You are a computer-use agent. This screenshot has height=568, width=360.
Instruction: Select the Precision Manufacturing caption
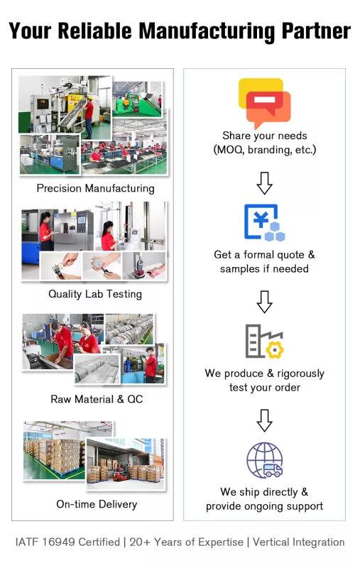(x=96, y=188)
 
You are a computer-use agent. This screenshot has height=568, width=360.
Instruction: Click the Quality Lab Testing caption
(x=95, y=294)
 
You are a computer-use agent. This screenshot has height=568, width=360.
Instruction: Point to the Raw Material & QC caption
(x=97, y=399)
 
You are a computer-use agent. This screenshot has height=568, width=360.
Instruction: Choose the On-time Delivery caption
(x=97, y=504)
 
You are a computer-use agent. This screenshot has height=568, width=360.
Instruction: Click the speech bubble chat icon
(x=264, y=103)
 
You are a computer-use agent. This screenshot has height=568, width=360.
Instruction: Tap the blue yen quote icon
(x=264, y=222)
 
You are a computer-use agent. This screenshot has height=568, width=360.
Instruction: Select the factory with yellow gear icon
(x=264, y=342)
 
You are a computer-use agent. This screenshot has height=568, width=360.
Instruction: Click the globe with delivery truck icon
(x=264, y=460)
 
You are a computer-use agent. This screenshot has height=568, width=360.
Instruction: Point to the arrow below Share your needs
(x=264, y=183)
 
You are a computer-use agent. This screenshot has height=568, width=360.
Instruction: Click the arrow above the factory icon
(x=264, y=302)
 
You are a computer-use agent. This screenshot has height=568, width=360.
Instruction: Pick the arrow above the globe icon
(x=264, y=420)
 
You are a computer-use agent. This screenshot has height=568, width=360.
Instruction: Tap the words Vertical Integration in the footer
(x=298, y=542)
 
